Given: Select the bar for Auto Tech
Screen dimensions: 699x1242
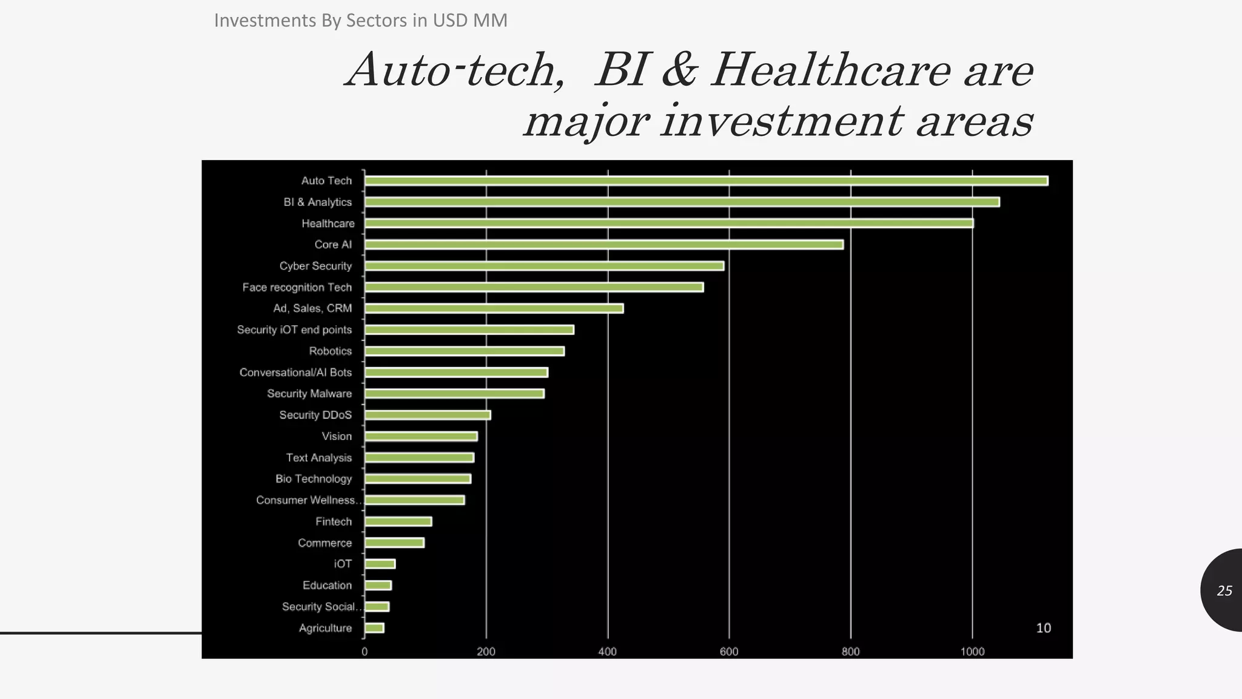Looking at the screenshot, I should pyautogui.click(x=706, y=181).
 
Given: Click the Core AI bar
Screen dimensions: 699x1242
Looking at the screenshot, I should pyautogui.click(x=603, y=245).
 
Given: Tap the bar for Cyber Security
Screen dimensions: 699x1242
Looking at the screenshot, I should pyautogui.click(x=544, y=266).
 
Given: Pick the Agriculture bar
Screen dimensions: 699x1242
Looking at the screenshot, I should pyautogui.click(x=374, y=628).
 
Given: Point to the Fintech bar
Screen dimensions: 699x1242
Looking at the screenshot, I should pyautogui.click(x=398, y=521).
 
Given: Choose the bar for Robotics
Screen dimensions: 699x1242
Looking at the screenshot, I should pyautogui.click(x=464, y=351).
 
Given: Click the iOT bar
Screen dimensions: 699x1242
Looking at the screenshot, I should pyautogui.click(x=380, y=564).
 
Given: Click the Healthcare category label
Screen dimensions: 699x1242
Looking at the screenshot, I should pyautogui.click(x=328, y=223).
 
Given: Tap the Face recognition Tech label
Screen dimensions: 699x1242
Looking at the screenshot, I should pyautogui.click(x=297, y=287).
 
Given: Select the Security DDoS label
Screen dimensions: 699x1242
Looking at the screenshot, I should pyautogui.click(x=315, y=415).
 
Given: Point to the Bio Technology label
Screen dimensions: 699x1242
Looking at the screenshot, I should pyautogui.click(x=314, y=479).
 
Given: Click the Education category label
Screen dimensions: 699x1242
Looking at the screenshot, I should pyautogui.click(x=327, y=585).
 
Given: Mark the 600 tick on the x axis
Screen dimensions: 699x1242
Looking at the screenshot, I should pyautogui.click(x=729, y=652).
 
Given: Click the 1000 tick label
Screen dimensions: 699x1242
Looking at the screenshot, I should pyautogui.click(x=972, y=652).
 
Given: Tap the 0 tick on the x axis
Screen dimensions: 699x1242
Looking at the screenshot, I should pyautogui.click(x=364, y=652).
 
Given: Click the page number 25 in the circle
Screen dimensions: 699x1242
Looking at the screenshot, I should pyautogui.click(x=1224, y=590).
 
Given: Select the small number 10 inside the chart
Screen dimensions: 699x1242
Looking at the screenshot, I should pyautogui.click(x=1043, y=628).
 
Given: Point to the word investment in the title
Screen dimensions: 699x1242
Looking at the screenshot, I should pyautogui.click(x=782, y=121).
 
